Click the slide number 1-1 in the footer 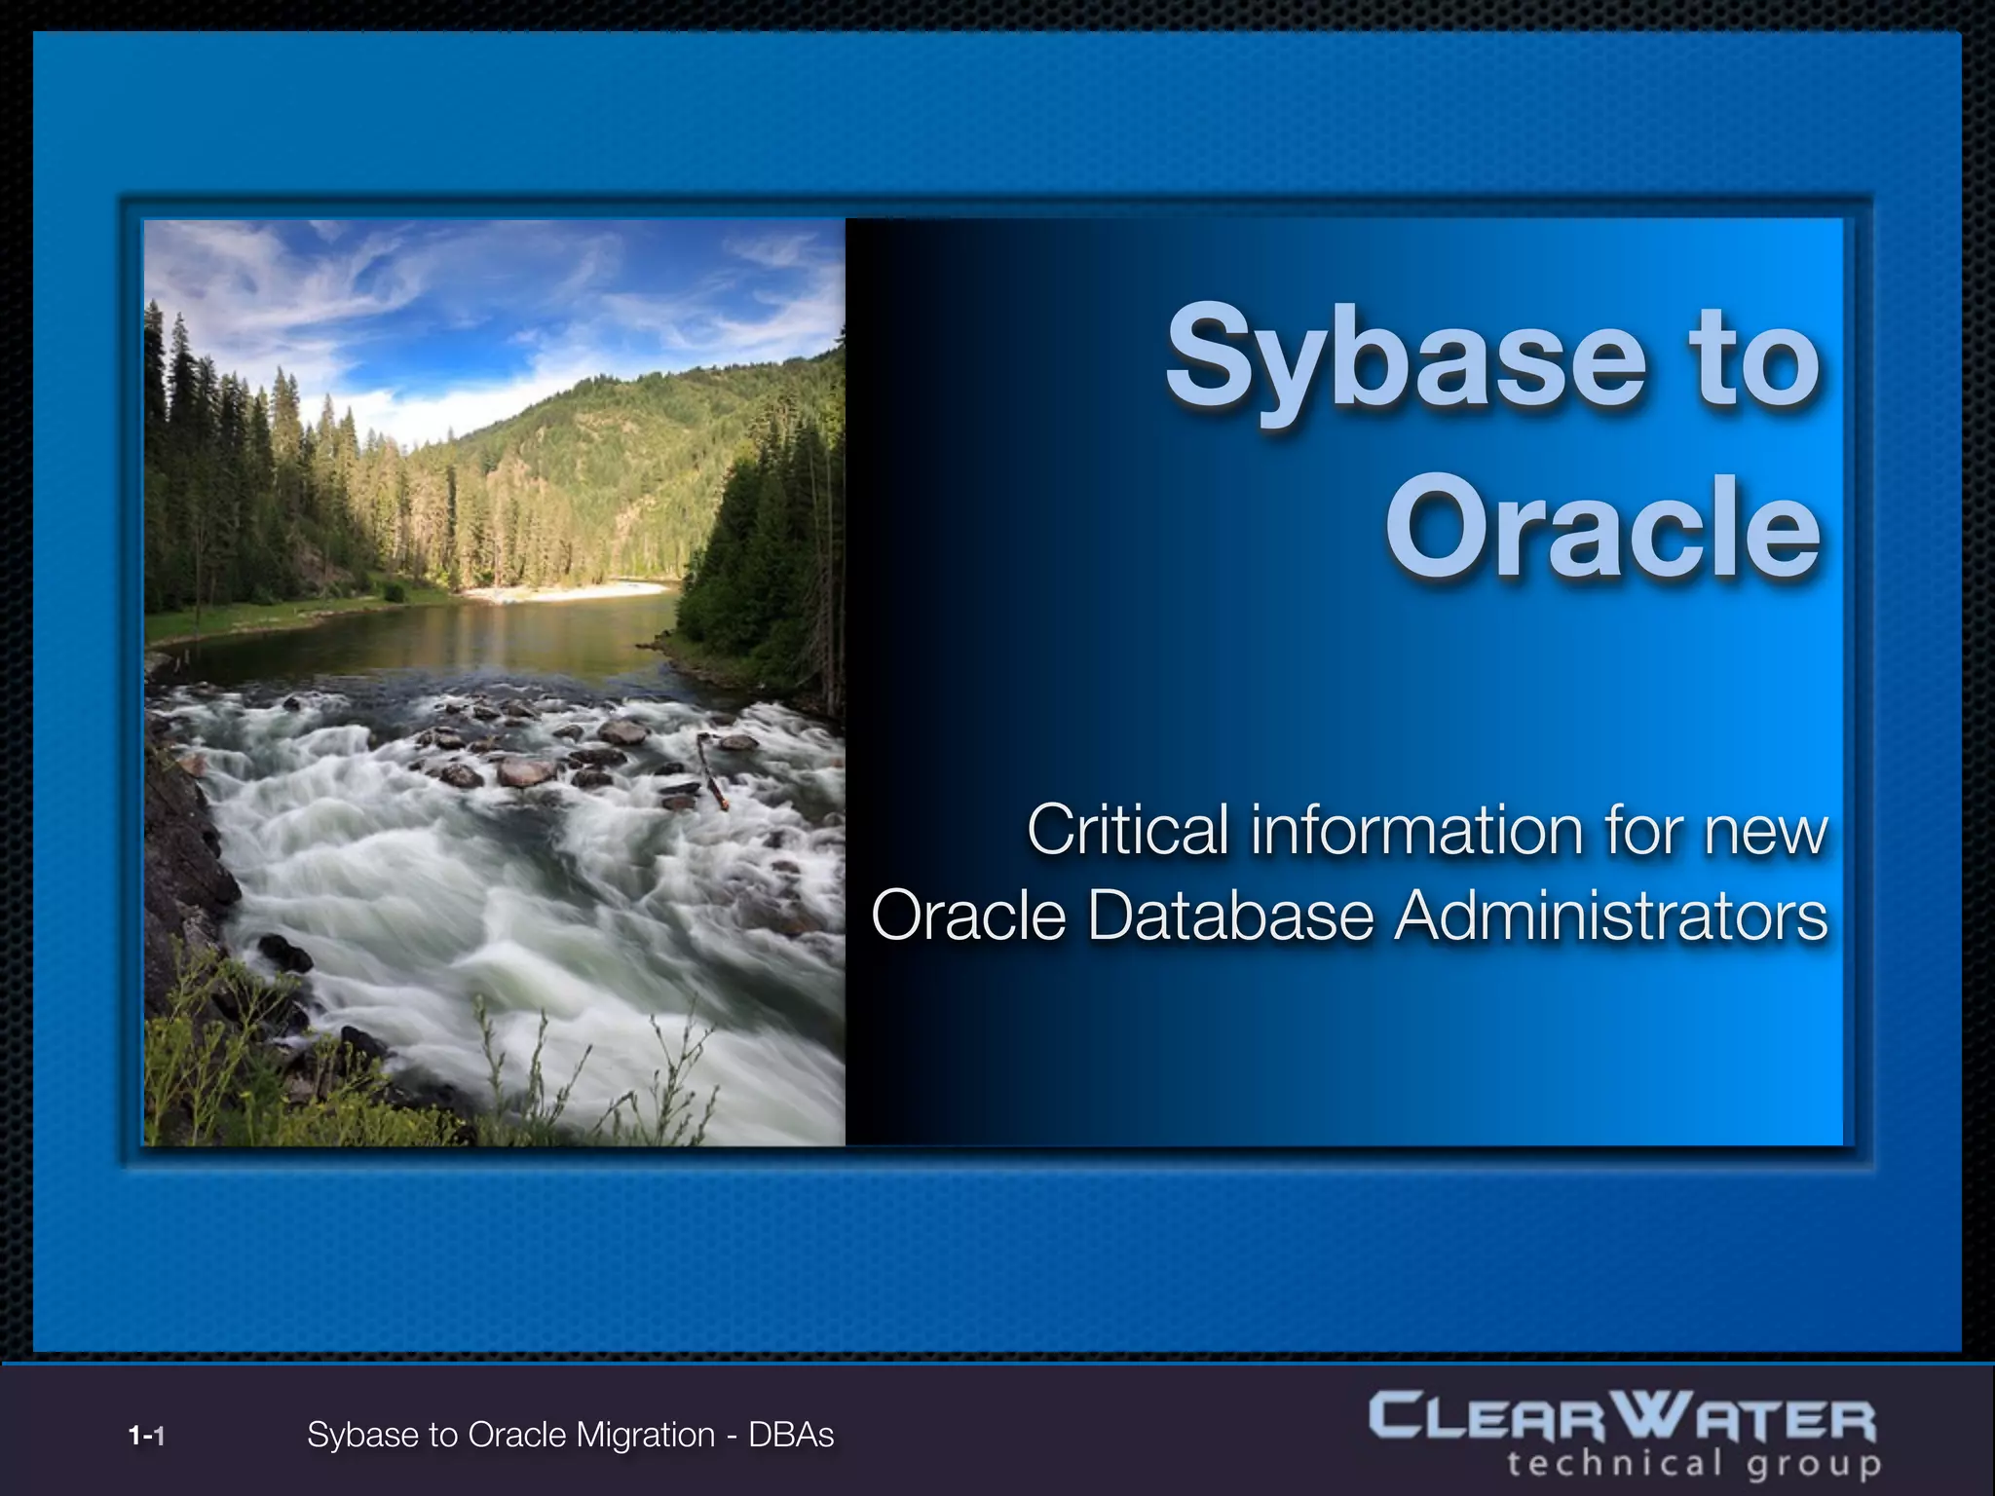[146, 1436]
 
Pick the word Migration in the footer [645, 1435]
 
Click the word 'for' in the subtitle [1646, 830]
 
